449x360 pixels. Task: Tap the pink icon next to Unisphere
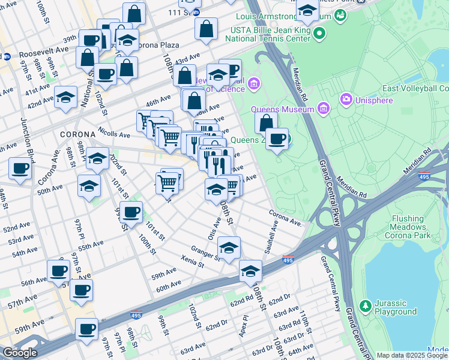[346, 99]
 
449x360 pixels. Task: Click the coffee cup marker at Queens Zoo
[277, 139]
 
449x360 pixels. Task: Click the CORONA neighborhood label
[77, 134]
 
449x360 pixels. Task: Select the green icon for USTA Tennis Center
[320, 34]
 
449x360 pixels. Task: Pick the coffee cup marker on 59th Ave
[86, 329]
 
